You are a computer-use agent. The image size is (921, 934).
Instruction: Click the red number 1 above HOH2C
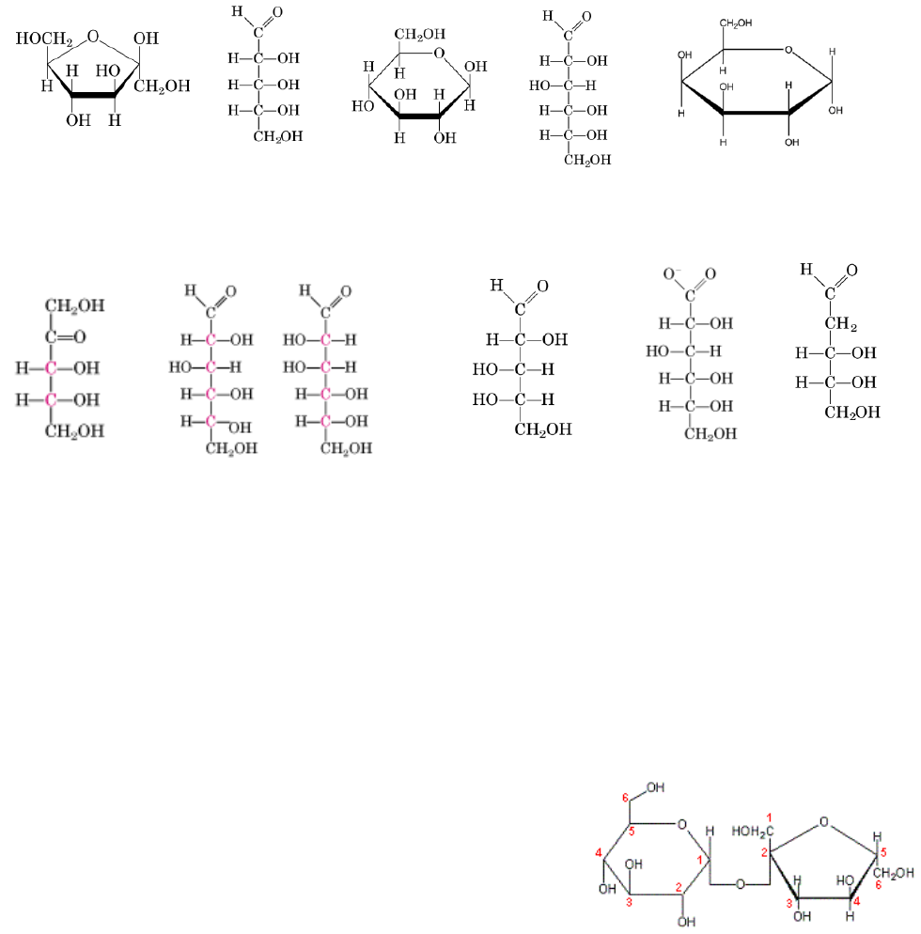coord(769,816)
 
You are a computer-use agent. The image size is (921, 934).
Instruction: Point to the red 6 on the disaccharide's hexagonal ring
coord(625,799)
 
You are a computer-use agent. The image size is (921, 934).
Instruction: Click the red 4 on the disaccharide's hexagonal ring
coord(598,853)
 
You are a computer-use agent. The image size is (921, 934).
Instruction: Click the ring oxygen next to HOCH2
coord(93,38)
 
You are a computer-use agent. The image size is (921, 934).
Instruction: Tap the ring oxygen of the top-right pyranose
coord(788,50)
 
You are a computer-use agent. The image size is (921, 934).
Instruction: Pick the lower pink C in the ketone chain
coord(51,400)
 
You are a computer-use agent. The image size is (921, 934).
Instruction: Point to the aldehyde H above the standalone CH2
coord(805,270)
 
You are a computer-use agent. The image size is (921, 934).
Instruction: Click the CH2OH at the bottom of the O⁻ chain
coord(710,434)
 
